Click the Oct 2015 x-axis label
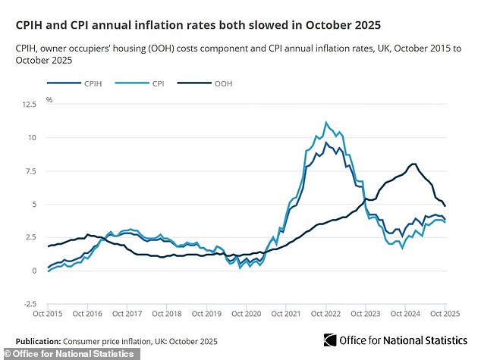pos(49,313)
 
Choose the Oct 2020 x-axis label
pos(247,313)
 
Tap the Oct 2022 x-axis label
pos(325,313)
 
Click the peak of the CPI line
pos(326,122)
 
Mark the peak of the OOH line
pos(413,164)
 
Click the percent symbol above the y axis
pos(50,99)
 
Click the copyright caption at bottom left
pos(68,354)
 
